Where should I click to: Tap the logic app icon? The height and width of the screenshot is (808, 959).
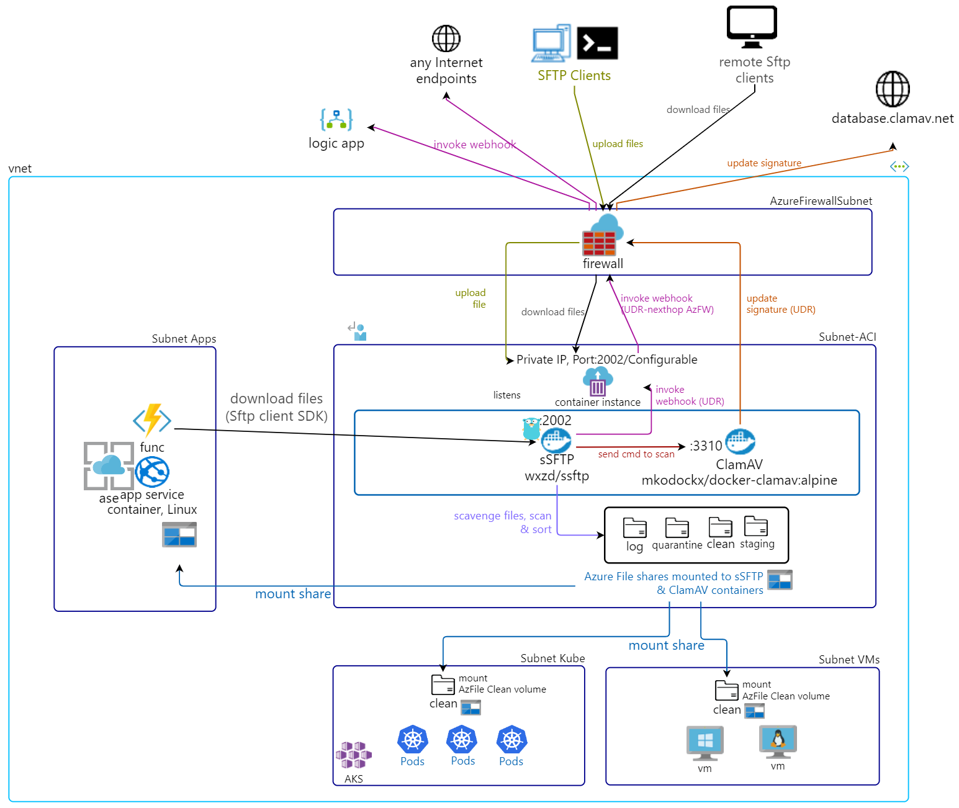click(336, 119)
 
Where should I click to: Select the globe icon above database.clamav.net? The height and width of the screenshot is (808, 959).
click(893, 89)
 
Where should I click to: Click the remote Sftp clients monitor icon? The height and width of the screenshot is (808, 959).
click(752, 27)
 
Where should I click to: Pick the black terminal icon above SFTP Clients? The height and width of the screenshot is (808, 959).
click(597, 43)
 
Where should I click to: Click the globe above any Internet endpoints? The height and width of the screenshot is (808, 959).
click(446, 38)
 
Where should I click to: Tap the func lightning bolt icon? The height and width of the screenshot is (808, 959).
click(152, 420)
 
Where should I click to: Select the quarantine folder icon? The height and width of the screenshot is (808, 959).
click(677, 528)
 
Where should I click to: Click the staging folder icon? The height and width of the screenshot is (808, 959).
click(756, 526)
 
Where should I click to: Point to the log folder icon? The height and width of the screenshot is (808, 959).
click(634, 528)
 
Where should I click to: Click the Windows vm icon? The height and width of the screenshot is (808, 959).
click(705, 742)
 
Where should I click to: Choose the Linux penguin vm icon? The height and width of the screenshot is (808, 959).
click(778, 741)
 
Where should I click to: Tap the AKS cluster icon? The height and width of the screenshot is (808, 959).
click(354, 755)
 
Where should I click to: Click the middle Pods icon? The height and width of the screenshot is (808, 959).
click(462, 739)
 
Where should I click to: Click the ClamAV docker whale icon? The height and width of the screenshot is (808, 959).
click(740, 442)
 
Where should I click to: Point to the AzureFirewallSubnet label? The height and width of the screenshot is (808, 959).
click(821, 201)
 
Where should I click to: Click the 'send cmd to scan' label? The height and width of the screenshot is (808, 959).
click(636, 454)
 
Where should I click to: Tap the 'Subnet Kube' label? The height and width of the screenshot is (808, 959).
click(552, 658)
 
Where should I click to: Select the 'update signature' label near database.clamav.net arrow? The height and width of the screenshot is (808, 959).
click(764, 163)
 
